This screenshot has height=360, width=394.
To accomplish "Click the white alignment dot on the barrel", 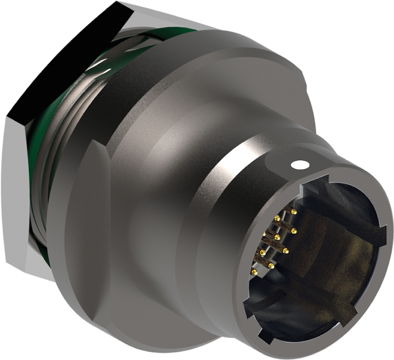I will coord(299,164).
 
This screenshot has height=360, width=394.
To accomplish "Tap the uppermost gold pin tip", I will coord(294,212).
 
